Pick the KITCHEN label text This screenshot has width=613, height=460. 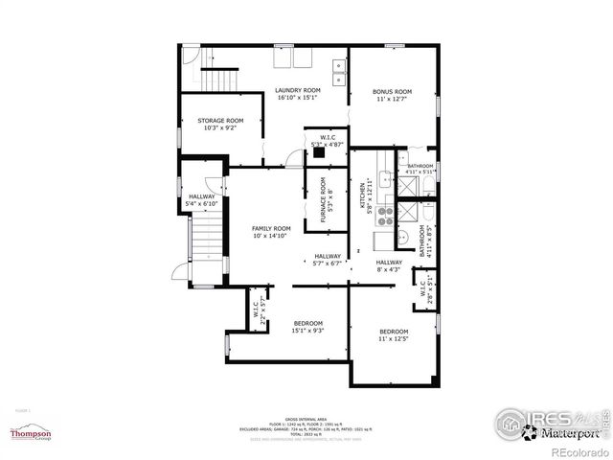tap(364, 196)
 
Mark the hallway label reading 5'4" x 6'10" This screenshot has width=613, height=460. tap(202, 199)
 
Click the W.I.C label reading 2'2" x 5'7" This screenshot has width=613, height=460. tap(259, 312)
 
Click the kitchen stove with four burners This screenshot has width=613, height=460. tap(386, 214)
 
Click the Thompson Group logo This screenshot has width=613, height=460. tap(31, 434)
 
